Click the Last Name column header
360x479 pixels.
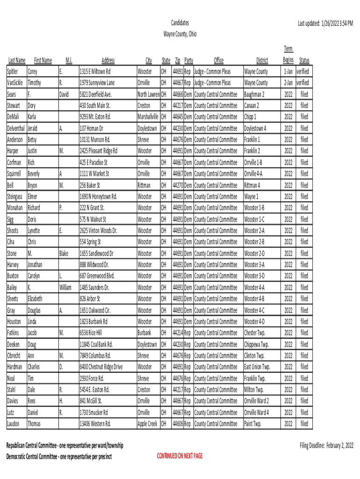click(17, 60)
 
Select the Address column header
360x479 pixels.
click(108, 60)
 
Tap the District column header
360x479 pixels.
click(262, 60)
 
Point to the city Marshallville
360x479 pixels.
click(148, 117)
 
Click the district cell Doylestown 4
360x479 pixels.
click(255, 128)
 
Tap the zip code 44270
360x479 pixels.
click(178, 185)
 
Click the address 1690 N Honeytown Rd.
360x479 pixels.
click(98, 196)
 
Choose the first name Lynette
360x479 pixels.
click(34, 231)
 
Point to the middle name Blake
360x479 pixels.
click(64, 254)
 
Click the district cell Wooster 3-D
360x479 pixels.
click(254, 276)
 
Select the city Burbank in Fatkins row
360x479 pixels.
click(144, 333)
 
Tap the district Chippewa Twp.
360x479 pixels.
click(257, 344)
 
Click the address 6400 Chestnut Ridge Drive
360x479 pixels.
click(101, 367)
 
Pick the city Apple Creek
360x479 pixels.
click(147, 424)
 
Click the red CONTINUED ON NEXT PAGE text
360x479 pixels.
click(180, 456)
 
